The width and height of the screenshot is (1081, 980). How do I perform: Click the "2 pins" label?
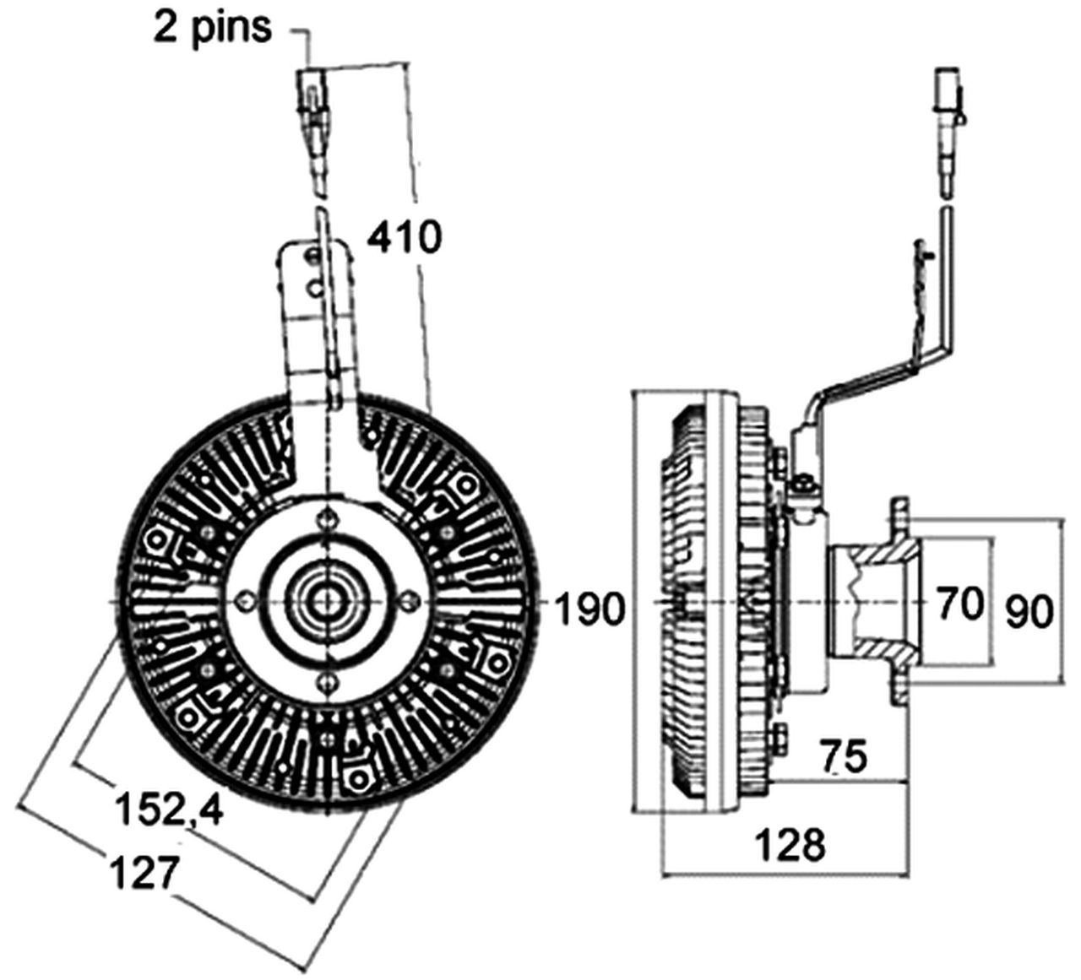point(213,27)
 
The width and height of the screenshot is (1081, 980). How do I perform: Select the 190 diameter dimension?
point(590,609)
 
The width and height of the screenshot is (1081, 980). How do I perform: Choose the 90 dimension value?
point(1029,612)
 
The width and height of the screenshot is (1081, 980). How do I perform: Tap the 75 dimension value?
point(843,757)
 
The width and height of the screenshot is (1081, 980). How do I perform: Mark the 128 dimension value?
point(790,844)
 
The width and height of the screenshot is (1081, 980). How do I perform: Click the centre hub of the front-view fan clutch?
point(325,600)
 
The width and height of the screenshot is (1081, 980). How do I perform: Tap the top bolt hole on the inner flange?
point(325,521)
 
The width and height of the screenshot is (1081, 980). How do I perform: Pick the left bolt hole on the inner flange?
point(246,600)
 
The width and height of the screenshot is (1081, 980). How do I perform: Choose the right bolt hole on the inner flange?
point(408,600)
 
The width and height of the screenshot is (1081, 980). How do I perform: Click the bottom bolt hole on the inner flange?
point(325,680)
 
